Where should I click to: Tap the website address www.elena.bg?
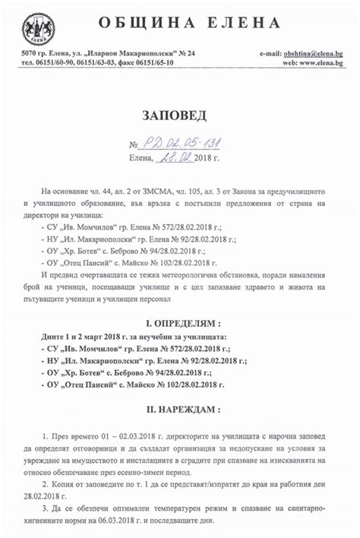(x=323, y=62)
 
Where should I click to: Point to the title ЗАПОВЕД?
(x=180, y=115)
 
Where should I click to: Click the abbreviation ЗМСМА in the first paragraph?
(x=138, y=191)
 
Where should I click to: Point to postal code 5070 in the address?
(x=30, y=54)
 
